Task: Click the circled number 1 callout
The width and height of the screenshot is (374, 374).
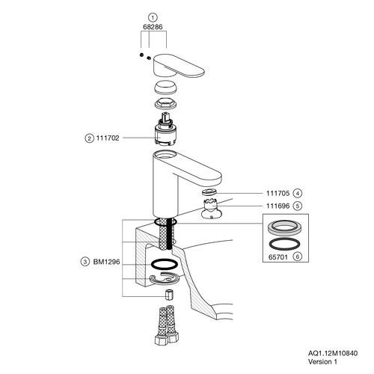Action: point(153,17)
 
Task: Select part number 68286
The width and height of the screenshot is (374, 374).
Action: point(153,27)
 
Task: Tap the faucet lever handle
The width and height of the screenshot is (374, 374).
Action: point(179,65)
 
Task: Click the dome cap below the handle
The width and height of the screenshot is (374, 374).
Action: point(166,88)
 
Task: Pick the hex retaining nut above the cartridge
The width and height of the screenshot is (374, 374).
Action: point(166,104)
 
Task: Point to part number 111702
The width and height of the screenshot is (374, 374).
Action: point(108,138)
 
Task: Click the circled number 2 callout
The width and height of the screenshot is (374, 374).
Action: point(89,138)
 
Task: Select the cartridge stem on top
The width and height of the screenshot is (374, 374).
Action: point(166,117)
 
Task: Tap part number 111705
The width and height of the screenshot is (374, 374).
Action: point(278,193)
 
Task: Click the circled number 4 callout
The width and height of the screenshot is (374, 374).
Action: point(297,193)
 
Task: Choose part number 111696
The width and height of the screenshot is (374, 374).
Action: point(278,206)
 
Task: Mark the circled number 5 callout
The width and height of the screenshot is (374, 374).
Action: point(297,206)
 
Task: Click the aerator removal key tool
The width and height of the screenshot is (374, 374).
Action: point(211,209)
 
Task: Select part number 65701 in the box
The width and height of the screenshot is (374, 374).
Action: point(278,257)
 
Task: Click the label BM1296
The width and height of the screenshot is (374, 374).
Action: point(106,262)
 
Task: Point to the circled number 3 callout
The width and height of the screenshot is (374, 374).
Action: point(85,262)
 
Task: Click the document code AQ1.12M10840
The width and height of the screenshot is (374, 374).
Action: point(333,353)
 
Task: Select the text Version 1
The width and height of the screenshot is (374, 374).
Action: point(322,361)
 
